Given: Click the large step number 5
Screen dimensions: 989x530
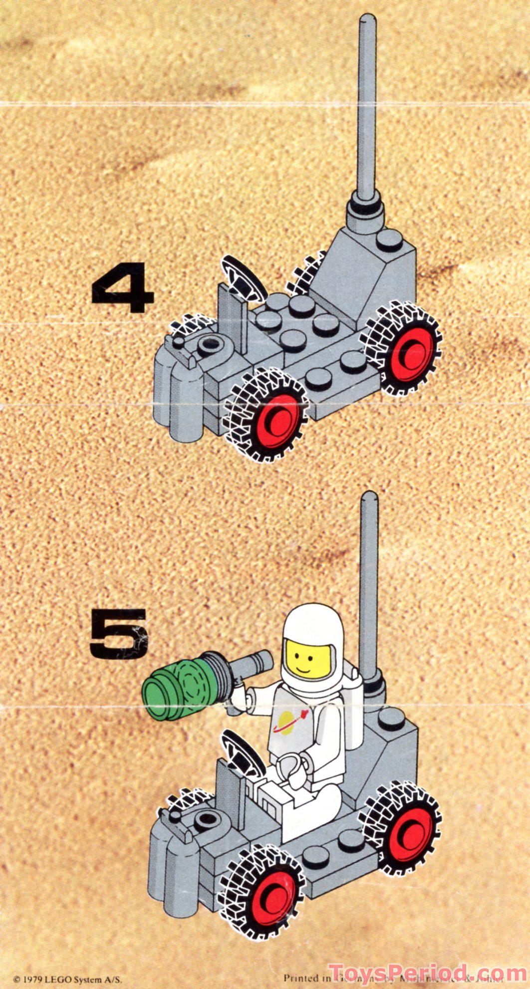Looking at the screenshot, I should [x=119, y=634].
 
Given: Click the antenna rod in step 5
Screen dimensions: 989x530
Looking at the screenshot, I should [x=369, y=584].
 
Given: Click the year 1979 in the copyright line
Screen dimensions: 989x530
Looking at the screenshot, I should [x=31, y=979].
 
